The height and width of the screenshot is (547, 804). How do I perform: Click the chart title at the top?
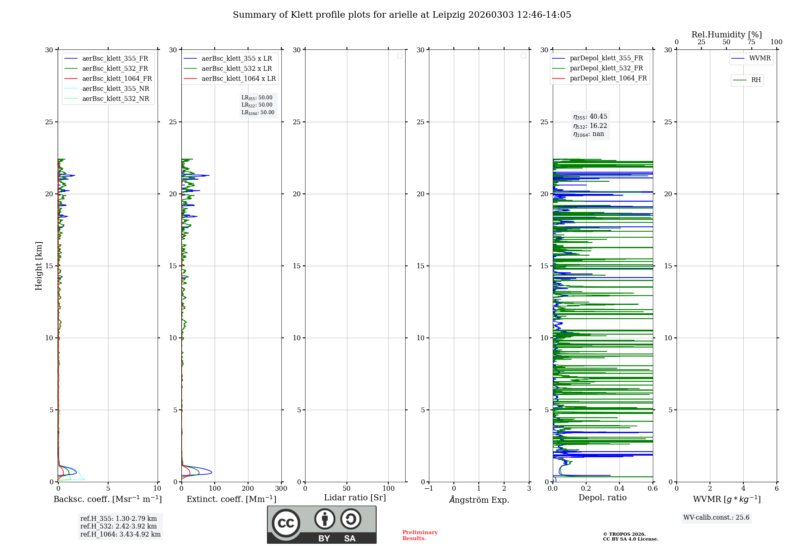pos(402,15)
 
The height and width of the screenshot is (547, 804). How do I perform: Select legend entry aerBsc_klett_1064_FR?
pos(117,78)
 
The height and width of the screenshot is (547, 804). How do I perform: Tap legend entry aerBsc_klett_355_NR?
pos(115,88)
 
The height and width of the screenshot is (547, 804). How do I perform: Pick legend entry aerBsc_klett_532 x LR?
pos(236,68)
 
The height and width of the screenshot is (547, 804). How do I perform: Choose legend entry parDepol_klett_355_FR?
pos(606,58)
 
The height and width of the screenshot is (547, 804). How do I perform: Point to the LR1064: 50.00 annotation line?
pos(258,113)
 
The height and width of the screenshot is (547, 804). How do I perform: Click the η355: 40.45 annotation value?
pos(590,117)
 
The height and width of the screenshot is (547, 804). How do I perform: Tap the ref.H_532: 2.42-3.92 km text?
pos(119,526)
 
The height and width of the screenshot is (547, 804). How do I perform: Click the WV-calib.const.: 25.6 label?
pos(716,518)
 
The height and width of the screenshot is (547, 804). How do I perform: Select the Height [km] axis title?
pos(39,266)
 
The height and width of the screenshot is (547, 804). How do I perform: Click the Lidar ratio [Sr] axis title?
pos(355,498)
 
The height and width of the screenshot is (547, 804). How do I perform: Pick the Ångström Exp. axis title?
pos(479,500)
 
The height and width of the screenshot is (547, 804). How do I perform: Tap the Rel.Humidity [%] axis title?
pos(726,35)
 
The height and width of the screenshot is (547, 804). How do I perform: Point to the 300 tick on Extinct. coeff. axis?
pos(281,489)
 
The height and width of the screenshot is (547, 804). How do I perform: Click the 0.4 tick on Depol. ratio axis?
pos(619,489)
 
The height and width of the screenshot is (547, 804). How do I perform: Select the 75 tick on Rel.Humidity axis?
pos(751,42)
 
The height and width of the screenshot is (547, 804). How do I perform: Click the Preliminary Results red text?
pos(420,535)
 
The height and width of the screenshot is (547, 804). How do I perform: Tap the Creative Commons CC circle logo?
pos(286,523)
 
